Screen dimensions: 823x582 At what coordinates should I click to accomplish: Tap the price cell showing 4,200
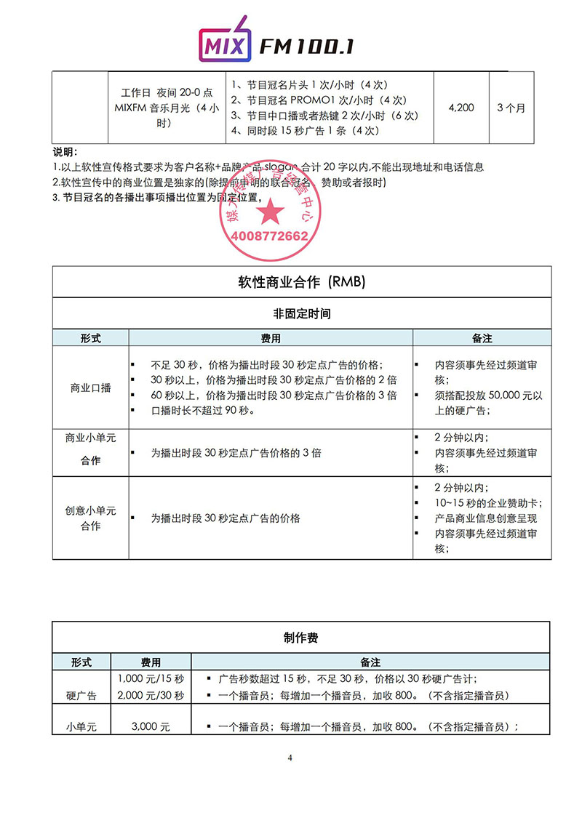click(461, 108)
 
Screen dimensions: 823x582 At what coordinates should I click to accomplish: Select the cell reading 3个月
click(511, 108)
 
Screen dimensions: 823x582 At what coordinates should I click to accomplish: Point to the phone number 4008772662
click(268, 236)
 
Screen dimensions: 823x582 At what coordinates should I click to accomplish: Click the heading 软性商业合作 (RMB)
click(300, 281)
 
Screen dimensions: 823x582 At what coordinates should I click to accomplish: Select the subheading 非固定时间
click(300, 314)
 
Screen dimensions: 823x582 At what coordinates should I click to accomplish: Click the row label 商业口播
click(90, 388)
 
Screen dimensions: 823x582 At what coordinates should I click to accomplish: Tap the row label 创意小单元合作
click(90, 518)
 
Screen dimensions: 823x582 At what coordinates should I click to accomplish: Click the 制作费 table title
click(300, 638)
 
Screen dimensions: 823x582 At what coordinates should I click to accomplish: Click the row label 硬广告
click(81, 696)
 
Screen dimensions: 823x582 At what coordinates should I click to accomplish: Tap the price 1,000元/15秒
click(151, 679)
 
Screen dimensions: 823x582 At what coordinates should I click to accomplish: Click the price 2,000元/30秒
click(151, 696)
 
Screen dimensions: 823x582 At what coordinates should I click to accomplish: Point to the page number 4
click(290, 758)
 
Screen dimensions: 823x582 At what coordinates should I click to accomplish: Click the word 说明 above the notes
click(65, 152)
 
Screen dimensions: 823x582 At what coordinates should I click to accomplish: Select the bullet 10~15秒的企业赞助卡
click(488, 503)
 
